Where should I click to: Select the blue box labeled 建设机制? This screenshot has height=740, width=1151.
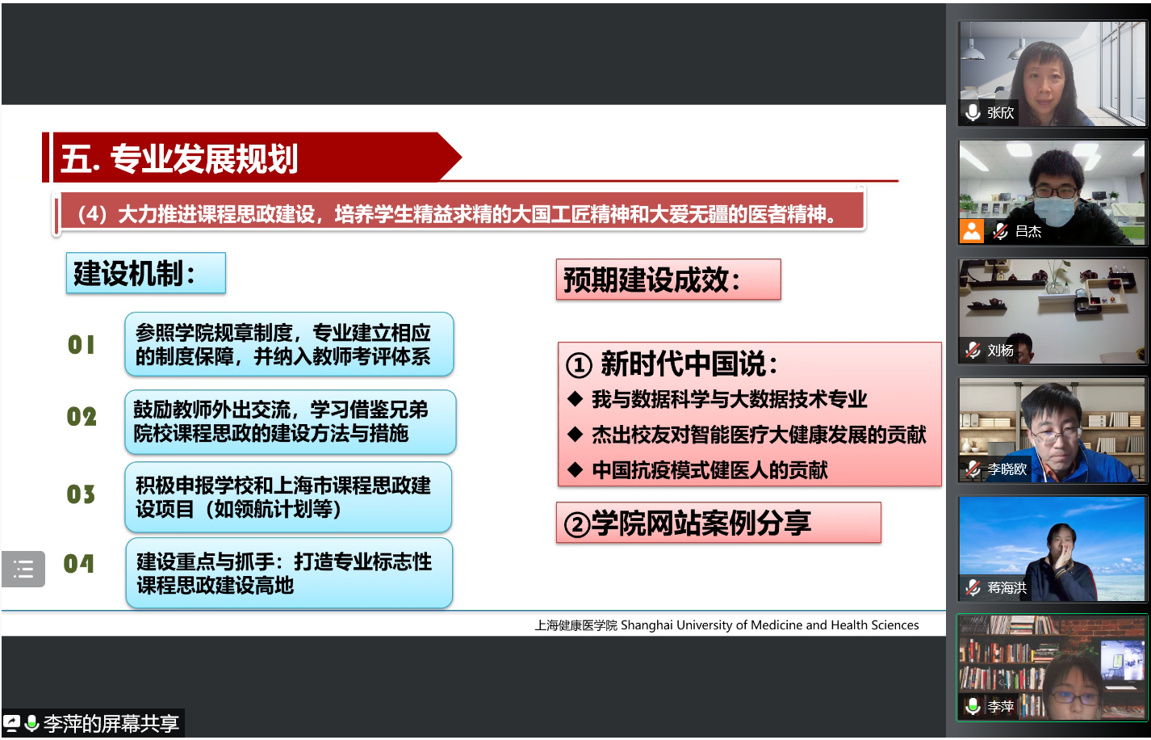tap(146, 273)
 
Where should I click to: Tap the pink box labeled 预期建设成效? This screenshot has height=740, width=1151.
tap(668, 280)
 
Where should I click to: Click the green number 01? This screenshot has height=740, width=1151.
tap(82, 344)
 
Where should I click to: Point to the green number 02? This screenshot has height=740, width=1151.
tap(82, 416)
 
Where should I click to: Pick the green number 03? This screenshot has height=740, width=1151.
tap(82, 494)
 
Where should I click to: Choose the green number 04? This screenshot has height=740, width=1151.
tap(78, 564)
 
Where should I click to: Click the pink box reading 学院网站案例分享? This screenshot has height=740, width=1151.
tap(718, 523)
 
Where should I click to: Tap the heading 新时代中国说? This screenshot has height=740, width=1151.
tap(672, 364)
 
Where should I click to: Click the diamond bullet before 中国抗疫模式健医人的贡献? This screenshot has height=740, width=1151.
tap(575, 469)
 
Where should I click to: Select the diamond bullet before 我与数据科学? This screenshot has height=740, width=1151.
tap(575, 398)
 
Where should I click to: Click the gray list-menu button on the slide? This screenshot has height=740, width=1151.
tap(23, 569)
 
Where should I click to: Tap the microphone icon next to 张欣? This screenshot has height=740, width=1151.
tap(972, 112)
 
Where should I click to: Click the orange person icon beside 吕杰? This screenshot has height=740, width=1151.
tap(971, 231)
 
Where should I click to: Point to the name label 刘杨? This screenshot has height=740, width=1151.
tap(1000, 350)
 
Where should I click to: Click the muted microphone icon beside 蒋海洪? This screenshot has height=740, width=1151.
tap(973, 587)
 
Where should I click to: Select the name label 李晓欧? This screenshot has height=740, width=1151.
tap(1007, 469)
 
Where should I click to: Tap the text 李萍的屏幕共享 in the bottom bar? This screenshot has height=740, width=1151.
tap(111, 724)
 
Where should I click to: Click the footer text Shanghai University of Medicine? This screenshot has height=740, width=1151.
tap(712, 624)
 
